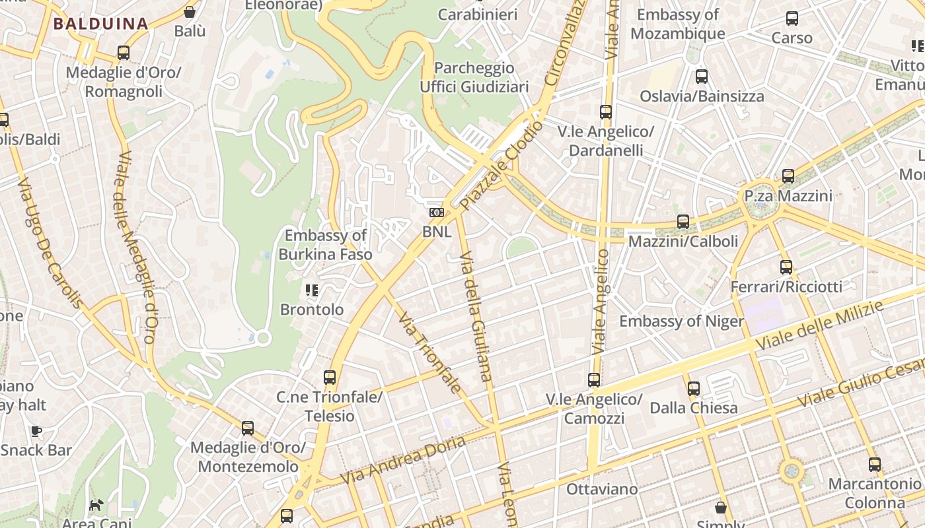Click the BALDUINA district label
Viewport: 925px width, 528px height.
coord(100,24)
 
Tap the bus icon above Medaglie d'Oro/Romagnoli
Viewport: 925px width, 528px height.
coord(123,53)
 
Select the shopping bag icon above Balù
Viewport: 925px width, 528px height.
coord(190,12)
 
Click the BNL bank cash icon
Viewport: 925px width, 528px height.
coord(436,212)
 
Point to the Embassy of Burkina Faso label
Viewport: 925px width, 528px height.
coord(325,245)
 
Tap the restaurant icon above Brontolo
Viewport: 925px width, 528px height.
coord(312,290)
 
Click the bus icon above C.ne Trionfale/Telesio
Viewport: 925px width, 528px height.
coord(330,378)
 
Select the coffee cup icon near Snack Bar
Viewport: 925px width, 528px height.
coord(36,431)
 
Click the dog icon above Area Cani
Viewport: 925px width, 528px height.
coord(96,505)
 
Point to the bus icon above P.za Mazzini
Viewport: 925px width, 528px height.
coord(788,176)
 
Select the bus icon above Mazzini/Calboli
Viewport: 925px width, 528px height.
coord(683,221)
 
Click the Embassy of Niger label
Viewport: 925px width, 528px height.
coord(681,321)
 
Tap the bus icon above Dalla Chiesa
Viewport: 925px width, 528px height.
coord(693,388)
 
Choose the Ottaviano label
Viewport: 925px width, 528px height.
coord(602,489)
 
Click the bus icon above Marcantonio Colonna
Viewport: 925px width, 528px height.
coord(875,464)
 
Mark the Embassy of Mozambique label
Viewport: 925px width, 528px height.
coord(678,24)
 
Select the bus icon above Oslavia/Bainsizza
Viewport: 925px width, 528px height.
coord(702,77)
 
